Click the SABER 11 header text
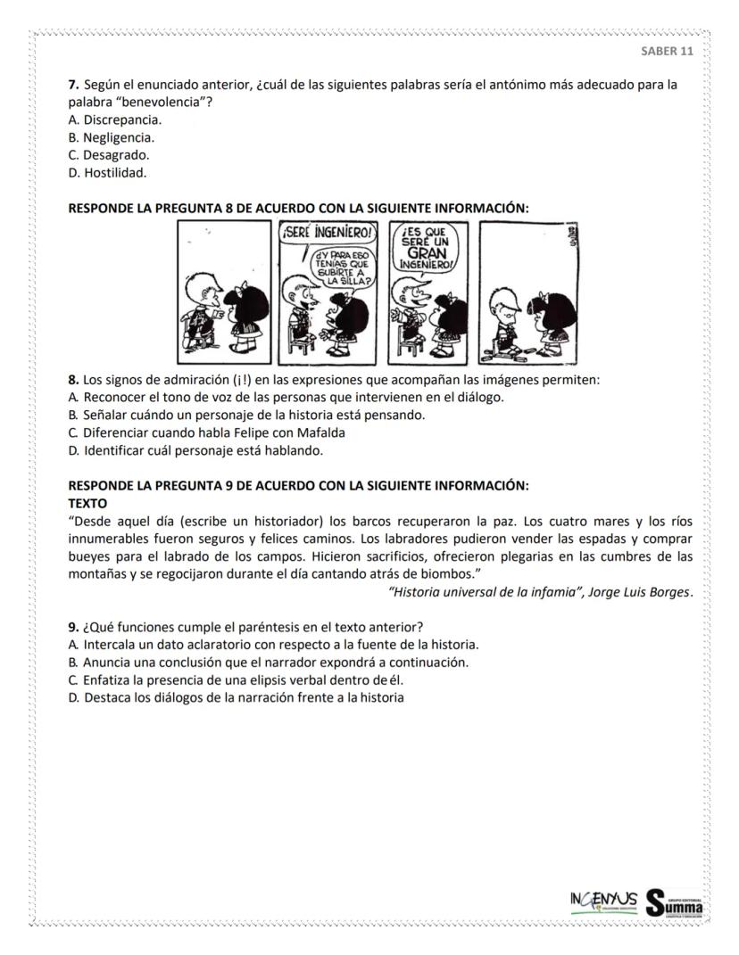point(667,51)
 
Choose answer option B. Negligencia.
point(112,137)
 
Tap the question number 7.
point(73,86)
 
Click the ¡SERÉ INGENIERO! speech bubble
point(326,235)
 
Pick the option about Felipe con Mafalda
point(207,432)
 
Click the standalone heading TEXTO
point(87,503)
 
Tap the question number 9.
point(73,626)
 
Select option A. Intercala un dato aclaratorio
point(274,644)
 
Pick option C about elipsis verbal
point(244,679)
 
